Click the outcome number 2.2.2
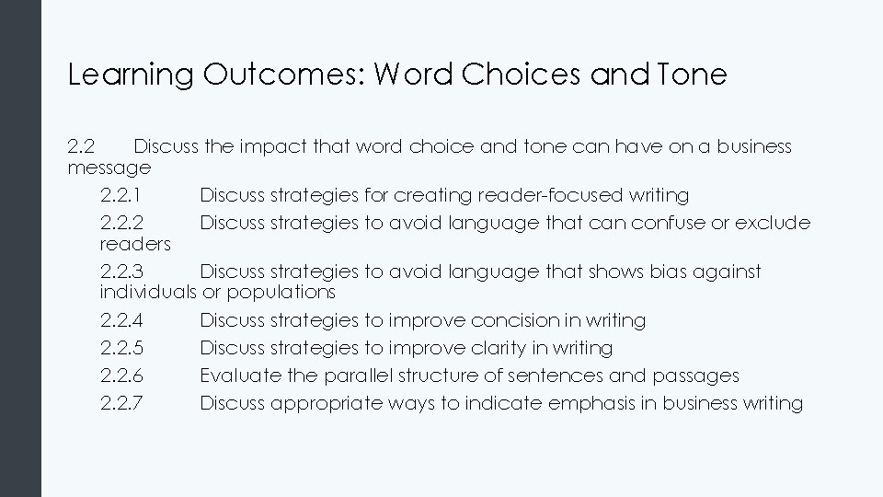[x=121, y=223]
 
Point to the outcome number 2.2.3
[x=121, y=272]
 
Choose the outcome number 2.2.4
[x=121, y=320]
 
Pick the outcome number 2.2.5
[x=121, y=348]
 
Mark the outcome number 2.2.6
[x=121, y=376]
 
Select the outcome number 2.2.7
[x=121, y=403]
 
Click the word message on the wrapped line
[x=109, y=168]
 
